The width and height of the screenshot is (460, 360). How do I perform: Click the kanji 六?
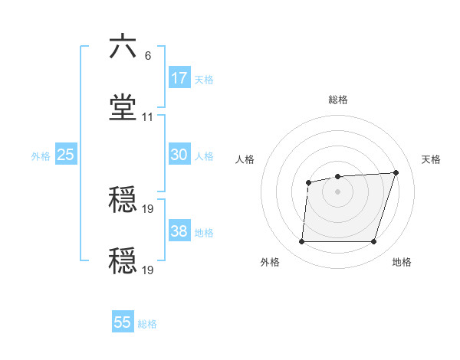(x=123, y=47)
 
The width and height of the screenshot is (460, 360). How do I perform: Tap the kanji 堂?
(x=123, y=108)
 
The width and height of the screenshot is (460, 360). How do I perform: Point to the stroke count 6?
(x=147, y=56)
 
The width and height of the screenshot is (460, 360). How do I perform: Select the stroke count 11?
(x=148, y=117)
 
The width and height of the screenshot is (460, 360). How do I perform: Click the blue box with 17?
(x=179, y=78)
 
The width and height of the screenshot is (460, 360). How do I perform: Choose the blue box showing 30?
(x=179, y=155)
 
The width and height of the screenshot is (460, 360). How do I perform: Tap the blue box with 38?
(x=179, y=231)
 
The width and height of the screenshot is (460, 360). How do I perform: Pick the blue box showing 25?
(x=66, y=155)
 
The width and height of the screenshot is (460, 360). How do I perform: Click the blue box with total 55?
(x=123, y=322)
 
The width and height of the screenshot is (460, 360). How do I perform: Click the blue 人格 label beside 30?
(x=204, y=156)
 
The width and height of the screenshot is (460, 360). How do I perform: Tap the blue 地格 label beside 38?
(x=204, y=233)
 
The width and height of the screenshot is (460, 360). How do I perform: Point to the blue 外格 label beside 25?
(x=41, y=156)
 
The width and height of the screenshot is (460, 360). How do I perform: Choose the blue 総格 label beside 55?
(x=147, y=324)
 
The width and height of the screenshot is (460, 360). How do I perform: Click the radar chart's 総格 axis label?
(x=338, y=100)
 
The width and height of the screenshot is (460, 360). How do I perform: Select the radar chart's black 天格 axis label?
(x=432, y=159)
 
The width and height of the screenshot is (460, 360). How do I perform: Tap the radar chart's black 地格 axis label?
(x=402, y=262)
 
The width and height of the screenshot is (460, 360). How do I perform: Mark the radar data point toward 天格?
(x=396, y=172)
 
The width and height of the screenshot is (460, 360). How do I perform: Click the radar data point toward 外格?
(x=301, y=242)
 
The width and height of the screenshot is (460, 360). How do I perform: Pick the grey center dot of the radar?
(x=337, y=191)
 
